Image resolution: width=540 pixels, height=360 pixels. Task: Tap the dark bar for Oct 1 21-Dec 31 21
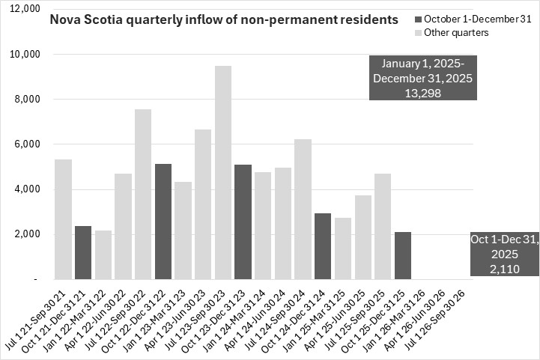click(83, 252)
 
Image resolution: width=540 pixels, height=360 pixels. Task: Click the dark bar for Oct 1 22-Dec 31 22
click(163, 221)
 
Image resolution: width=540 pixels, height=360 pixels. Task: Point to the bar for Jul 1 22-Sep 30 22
click(143, 194)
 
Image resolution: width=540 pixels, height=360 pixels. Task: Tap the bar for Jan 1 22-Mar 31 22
click(103, 254)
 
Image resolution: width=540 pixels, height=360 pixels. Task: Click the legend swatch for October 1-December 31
click(417, 19)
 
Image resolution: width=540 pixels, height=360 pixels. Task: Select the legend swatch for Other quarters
click(417, 32)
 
